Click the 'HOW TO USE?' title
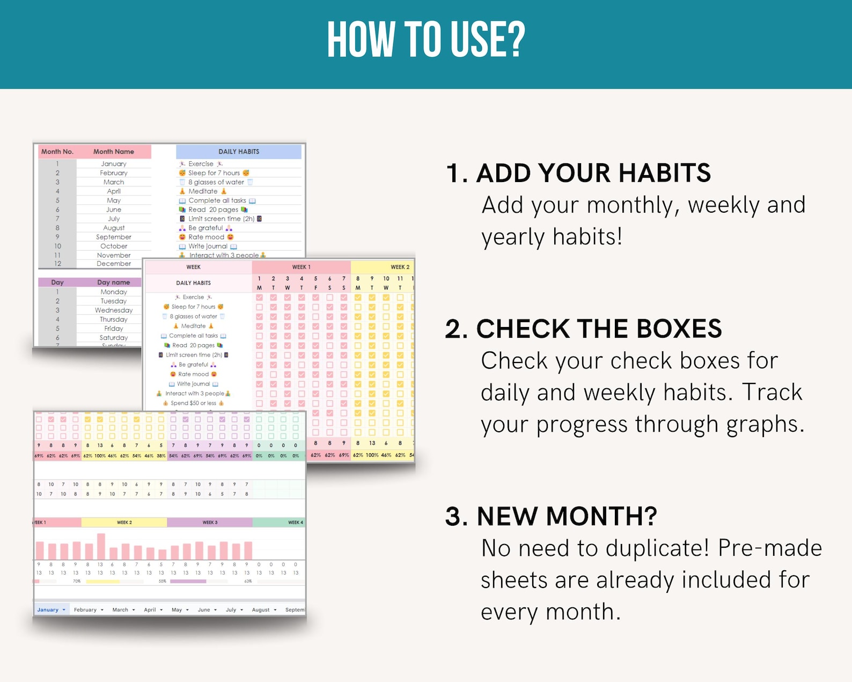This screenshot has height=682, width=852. click(426, 40)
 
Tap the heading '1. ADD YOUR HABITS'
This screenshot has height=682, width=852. click(578, 173)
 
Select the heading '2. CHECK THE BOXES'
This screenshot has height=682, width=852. click(583, 329)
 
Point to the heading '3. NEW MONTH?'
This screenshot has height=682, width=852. click(551, 516)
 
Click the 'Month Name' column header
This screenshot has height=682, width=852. click(113, 151)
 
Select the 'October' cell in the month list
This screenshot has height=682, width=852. click(114, 246)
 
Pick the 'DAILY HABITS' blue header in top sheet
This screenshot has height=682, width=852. click(239, 151)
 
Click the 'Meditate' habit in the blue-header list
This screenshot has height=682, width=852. click(203, 191)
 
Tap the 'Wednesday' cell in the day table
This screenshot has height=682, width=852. click(114, 310)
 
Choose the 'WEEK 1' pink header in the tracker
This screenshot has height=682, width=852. click(301, 267)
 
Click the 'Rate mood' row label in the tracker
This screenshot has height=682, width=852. click(193, 374)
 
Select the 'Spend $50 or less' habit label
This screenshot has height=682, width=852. click(193, 403)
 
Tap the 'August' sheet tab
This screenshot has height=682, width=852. click(261, 610)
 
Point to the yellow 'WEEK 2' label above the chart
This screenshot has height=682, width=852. click(124, 523)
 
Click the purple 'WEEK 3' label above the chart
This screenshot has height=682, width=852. click(210, 523)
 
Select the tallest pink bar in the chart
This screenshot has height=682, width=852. click(101, 546)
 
